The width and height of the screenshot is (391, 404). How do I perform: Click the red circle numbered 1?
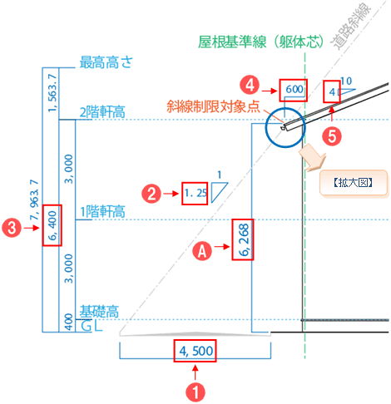pyautogui.click(x=195, y=392)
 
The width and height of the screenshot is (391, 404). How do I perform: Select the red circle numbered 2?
pyautogui.click(x=151, y=194)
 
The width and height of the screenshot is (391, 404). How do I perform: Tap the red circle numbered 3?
pyautogui.click(x=12, y=228)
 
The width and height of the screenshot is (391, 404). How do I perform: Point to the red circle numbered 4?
pyautogui.click(x=250, y=85)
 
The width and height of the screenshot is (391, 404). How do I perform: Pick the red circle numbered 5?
pyautogui.click(x=332, y=136)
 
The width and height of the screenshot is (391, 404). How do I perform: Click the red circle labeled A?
pyautogui.click(x=202, y=251)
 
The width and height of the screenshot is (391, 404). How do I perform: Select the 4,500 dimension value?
pyautogui.click(x=195, y=351)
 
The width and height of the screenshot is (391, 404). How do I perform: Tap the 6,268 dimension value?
pyautogui.click(x=244, y=240)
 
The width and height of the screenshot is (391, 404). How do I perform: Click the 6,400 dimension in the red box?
pyautogui.click(x=52, y=225)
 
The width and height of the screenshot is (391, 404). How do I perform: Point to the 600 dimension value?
pyautogui.click(x=294, y=89)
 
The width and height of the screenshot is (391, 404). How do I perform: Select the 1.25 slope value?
pyautogui.click(x=195, y=193)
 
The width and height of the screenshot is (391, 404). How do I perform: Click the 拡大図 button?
pyautogui.click(x=353, y=183)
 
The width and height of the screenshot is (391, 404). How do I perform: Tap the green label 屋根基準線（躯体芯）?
pyautogui.click(x=261, y=42)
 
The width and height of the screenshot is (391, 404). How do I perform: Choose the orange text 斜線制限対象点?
pyautogui.click(x=213, y=106)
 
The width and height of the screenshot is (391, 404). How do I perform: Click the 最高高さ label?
pyautogui.click(x=106, y=62)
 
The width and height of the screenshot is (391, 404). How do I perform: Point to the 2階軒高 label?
pyautogui.click(x=102, y=112)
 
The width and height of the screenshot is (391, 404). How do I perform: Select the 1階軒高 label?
pyautogui.click(x=102, y=212)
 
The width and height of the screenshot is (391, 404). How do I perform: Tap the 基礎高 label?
pyautogui.click(x=99, y=312)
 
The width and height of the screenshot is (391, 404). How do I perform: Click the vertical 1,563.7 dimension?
pyautogui.click(x=52, y=93)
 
